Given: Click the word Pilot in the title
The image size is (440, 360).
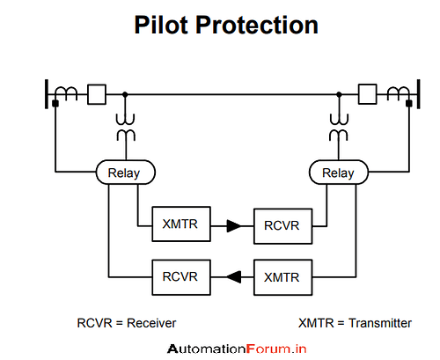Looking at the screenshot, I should [x=164, y=25].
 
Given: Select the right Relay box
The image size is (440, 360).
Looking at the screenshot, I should [x=338, y=173].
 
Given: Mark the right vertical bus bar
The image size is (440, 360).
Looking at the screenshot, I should [x=416, y=92].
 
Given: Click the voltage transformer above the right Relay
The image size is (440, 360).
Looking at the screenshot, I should [x=338, y=128].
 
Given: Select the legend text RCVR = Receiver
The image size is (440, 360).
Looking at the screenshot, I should [x=132, y=323].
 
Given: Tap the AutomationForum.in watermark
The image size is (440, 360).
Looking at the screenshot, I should [x=237, y=348].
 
